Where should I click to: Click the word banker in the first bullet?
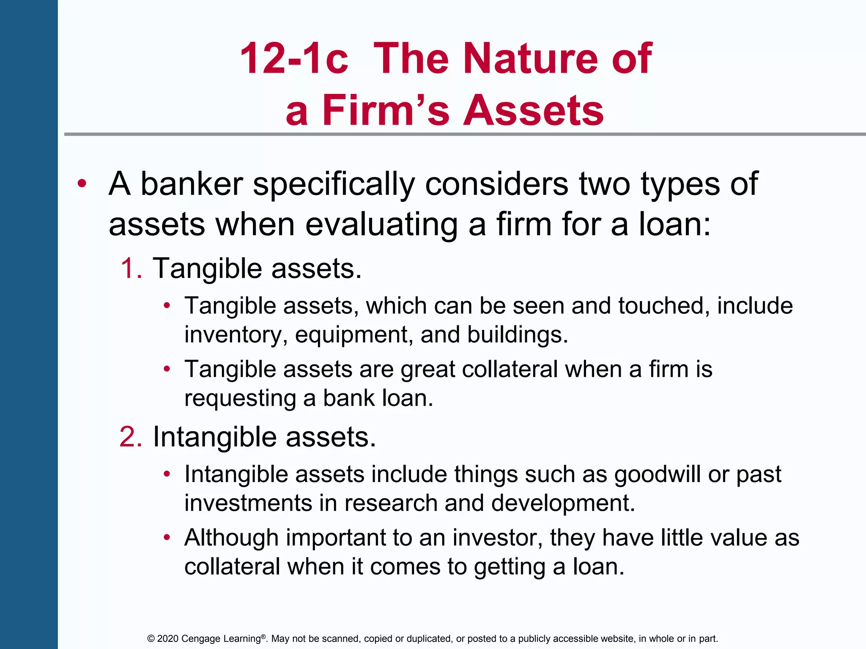[192, 184]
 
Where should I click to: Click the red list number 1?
[131, 268]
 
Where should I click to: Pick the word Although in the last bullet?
[231, 538]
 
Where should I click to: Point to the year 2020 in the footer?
[167, 639]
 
